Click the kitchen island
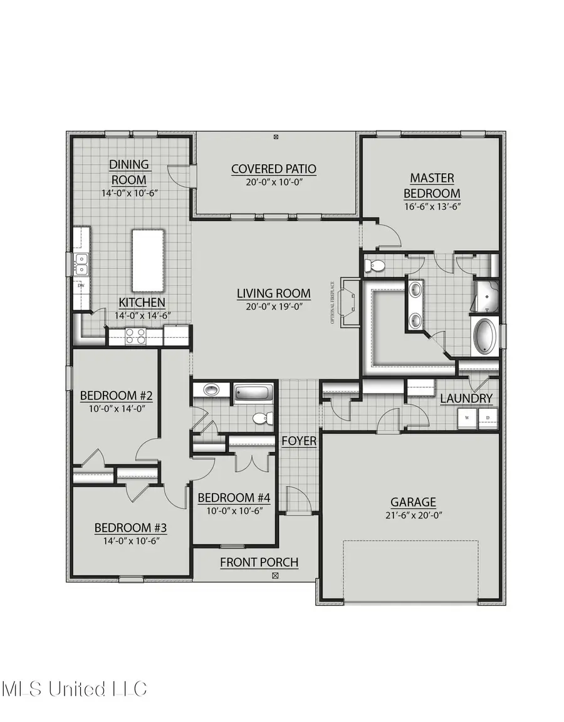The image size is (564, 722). pyautogui.click(x=149, y=260)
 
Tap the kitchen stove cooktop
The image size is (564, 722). pyautogui.click(x=136, y=337)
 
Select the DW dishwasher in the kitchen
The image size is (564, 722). pyautogui.click(x=81, y=287)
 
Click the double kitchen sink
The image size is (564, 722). pyautogui.click(x=81, y=263)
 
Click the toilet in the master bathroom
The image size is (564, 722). pyautogui.click(x=375, y=265)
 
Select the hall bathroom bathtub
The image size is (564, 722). pyautogui.click(x=254, y=394)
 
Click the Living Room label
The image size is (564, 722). pyautogui.click(x=273, y=293)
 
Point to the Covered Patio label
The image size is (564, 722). pyautogui.click(x=273, y=169)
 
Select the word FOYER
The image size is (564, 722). pyautogui.click(x=298, y=441)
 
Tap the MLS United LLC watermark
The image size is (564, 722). pyautogui.click(x=74, y=689)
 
